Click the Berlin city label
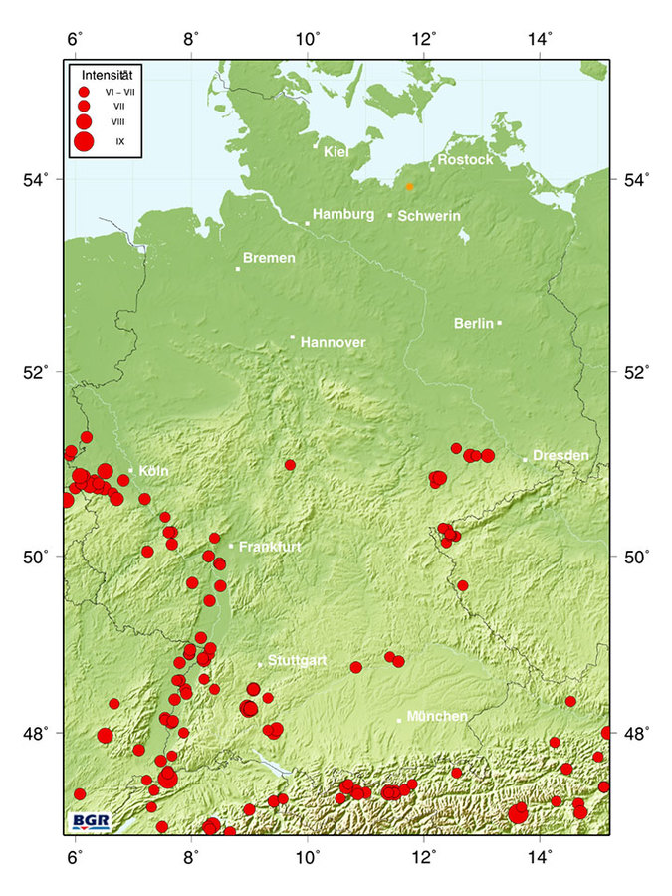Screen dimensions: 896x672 pos(474,323)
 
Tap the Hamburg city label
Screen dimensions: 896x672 pos(342,214)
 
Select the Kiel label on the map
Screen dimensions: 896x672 pos(336,151)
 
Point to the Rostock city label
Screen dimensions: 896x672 pos(465,160)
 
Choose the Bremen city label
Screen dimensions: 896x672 pos(269,258)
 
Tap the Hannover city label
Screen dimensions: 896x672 pos(333,342)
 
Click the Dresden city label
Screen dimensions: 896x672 pos(560,455)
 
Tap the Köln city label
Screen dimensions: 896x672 pos(154,470)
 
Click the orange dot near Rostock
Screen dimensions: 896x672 pos(409,186)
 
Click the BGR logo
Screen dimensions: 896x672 pos(92,821)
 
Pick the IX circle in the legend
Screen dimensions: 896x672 pos(84,141)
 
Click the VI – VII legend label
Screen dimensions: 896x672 pos(121,92)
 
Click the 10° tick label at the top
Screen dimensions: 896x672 pos(309,39)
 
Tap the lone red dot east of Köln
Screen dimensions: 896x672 pos(290,465)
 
